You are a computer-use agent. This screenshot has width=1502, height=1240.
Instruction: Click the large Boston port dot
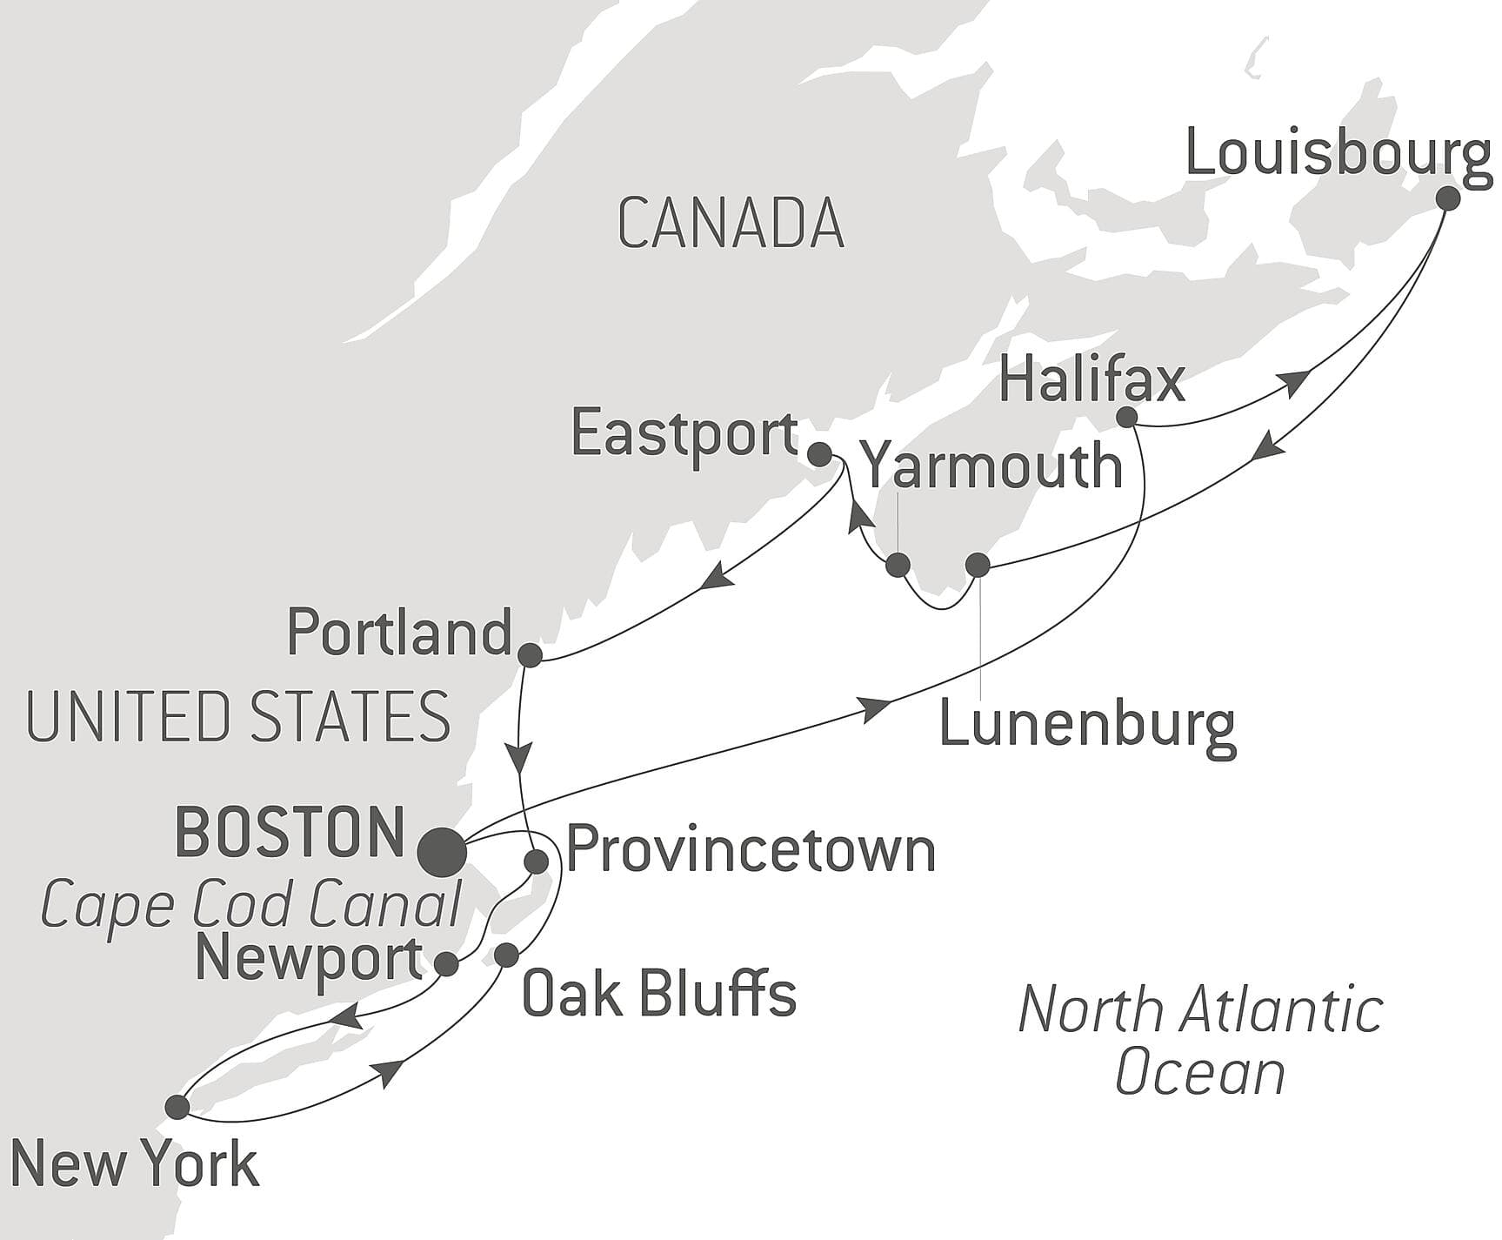pyautogui.click(x=442, y=852)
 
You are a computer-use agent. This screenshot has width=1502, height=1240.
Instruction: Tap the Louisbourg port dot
pyautogui.click(x=1447, y=198)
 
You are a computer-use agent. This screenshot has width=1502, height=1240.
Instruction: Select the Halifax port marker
pyautogui.click(x=1126, y=417)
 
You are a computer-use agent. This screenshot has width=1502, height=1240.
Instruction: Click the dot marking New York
pyautogui.click(x=177, y=1107)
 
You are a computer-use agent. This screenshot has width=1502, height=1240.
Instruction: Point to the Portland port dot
pyautogui.click(x=530, y=654)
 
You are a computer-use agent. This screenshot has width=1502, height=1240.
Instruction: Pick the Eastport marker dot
pyautogui.click(x=819, y=453)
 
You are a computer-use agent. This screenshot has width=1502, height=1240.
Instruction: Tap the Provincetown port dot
pyautogui.click(x=537, y=861)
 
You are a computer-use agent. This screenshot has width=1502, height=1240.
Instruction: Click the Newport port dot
pyautogui.click(x=446, y=963)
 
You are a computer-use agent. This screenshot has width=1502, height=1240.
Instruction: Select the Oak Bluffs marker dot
pyautogui.click(x=506, y=955)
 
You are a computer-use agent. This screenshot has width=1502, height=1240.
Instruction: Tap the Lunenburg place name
pyautogui.click(x=1086, y=725)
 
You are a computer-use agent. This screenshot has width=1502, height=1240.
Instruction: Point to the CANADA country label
pyautogui.click(x=731, y=225)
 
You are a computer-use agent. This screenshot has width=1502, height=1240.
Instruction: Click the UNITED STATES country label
pyautogui.click(x=238, y=717)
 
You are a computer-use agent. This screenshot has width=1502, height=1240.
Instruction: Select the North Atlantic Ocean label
pyautogui.click(x=1200, y=1041)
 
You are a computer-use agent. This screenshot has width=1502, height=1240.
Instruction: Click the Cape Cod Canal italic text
pyautogui.click(x=250, y=905)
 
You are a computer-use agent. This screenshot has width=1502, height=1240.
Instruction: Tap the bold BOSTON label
pyautogui.click(x=290, y=832)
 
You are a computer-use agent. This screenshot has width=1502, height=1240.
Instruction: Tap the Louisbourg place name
pyautogui.click(x=1338, y=155)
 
